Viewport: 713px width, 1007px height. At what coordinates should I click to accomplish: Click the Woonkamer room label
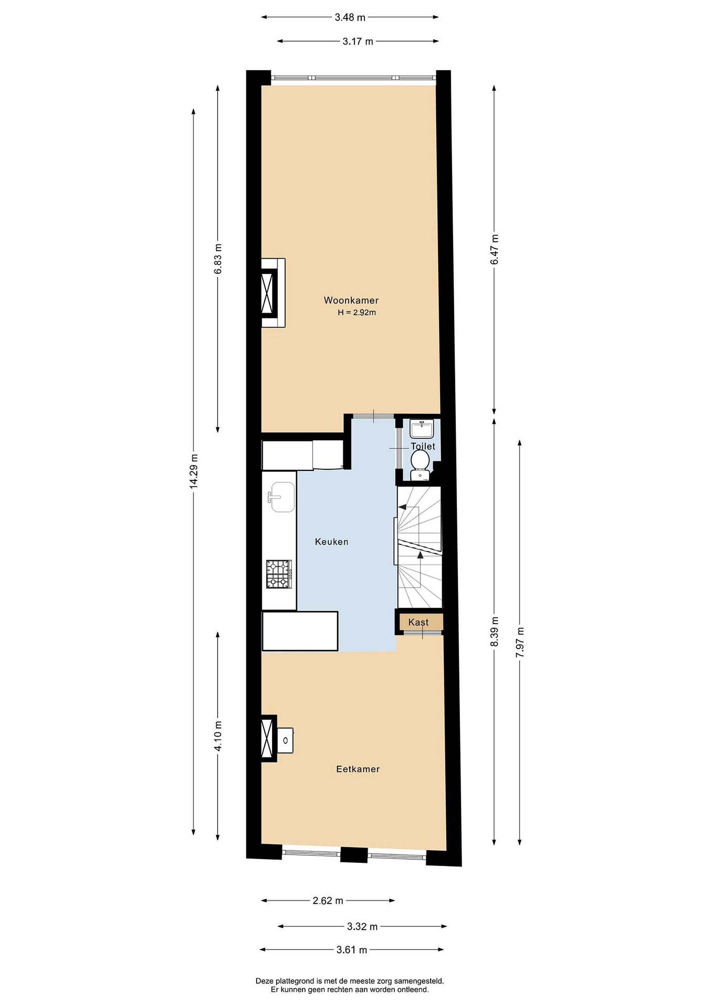point(351,300)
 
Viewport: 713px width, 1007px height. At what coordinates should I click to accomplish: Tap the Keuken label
point(331,542)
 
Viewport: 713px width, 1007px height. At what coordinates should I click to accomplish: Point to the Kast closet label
point(418,622)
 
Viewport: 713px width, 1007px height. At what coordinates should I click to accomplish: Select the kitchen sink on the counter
point(283,497)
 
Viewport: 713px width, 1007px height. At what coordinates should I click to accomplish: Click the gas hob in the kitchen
point(279,574)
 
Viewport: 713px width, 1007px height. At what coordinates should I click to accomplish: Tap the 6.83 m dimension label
point(218,258)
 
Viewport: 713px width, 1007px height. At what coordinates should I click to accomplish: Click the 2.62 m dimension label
point(328,900)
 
